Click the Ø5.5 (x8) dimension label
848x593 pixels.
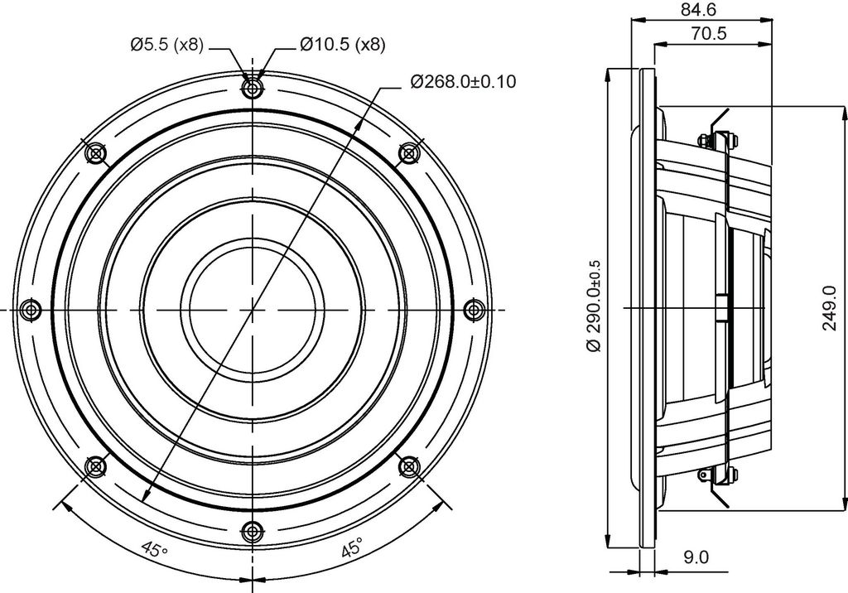pos(167,45)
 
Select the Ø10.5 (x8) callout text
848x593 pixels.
pos(342,45)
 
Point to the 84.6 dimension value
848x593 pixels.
pos(701,9)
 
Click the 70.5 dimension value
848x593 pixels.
pos(709,34)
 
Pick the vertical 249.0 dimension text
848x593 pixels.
pos(828,308)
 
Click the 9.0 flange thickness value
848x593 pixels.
pos(696,557)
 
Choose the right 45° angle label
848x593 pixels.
pos(352,548)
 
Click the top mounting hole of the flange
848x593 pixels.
pos(252,88)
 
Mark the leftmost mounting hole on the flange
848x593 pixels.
pos(31,310)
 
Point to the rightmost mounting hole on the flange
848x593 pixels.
pos(475,310)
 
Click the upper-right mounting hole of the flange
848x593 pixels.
pos(409,153)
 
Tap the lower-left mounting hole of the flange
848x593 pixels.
pos(95,466)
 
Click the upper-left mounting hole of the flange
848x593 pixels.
pos(95,153)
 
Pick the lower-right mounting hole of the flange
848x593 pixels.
pos(409,466)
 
